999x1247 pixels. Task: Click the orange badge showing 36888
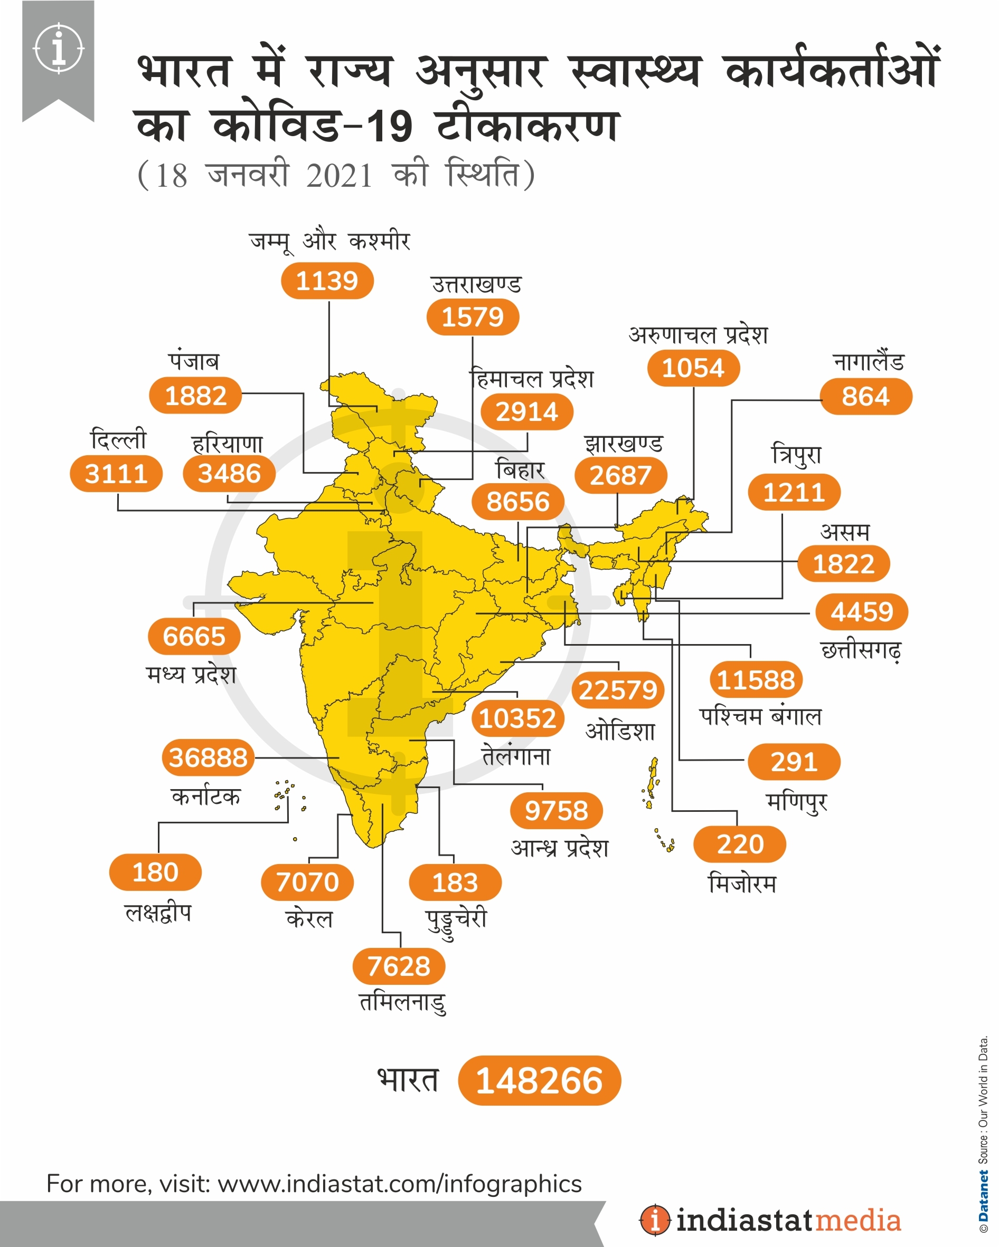pyautogui.click(x=209, y=757)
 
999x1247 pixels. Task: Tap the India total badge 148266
pyautogui.click(x=539, y=1080)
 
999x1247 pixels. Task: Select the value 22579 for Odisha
pyautogui.click(x=618, y=690)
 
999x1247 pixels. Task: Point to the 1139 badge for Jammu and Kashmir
pyautogui.click(x=327, y=281)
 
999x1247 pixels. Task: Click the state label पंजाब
pyautogui.click(x=194, y=361)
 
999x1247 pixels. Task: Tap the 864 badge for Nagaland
pyautogui.click(x=865, y=397)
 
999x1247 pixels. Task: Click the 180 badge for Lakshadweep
pyautogui.click(x=155, y=872)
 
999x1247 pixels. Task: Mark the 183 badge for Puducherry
pyautogui.click(x=455, y=883)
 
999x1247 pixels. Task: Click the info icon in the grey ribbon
pyautogui.click(x=59, y=48)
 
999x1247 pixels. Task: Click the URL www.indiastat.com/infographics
pyautogui.click(x=399, y=1183)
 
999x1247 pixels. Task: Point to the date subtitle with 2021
pyautogui.click(x=336, y=175)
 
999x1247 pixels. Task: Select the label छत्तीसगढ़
pyautogui.click(x=861, y=650)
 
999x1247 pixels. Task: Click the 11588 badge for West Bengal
pyautogui.click(x=756, y=679)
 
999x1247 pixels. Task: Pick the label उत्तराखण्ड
pyautogui.click(x=476, y=284)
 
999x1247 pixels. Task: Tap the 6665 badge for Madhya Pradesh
pyautogui.click(x=194, y=636)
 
